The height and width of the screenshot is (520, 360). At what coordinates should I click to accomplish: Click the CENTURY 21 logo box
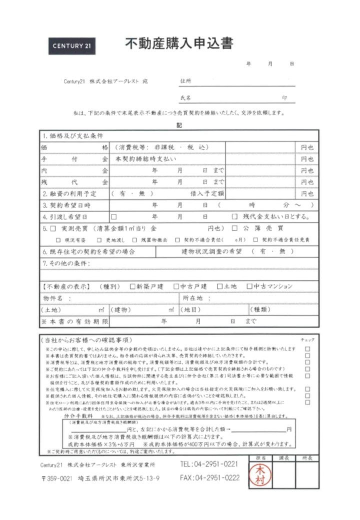(72, 45)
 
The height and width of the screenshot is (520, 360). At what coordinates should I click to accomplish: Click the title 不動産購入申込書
(178, 44)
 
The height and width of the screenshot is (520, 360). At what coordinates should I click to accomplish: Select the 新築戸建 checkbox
(132, 286)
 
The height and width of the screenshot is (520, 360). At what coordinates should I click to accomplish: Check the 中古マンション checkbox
(249, 286)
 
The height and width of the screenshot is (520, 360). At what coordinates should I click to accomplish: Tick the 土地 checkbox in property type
(219, 286)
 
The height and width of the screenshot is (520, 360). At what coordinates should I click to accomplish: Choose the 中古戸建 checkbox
(176, 286)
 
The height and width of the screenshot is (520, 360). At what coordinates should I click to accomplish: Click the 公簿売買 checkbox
(234, 228)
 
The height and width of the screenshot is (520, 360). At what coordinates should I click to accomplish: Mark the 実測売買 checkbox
(52, 228)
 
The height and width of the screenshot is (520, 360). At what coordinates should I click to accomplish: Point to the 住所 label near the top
(185, 80)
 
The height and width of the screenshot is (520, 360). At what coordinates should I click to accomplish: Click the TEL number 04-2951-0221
(209, 464)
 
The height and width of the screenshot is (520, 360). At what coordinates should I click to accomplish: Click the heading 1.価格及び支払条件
(73, 135)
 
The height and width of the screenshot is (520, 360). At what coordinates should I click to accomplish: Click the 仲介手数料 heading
(79, 415)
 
